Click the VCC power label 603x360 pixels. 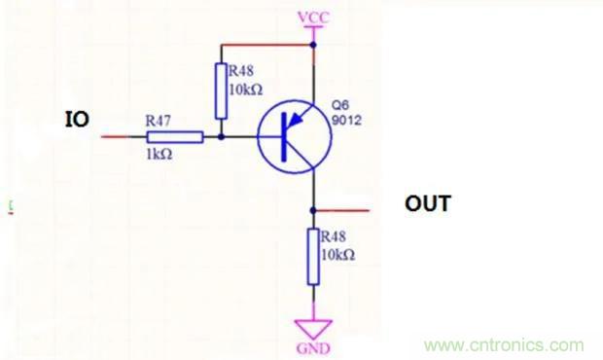(314, 18)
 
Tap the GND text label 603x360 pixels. (313, 348)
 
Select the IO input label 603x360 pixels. (77, 120)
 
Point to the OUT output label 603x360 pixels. (428, 203)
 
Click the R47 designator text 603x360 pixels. (159, 122)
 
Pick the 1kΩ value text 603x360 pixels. (160, 155)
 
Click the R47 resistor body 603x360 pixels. (175, 137)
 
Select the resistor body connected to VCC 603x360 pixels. (221, 90)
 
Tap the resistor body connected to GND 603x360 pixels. (313, 257)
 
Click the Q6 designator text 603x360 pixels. (340, 105)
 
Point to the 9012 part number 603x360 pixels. (346, 121)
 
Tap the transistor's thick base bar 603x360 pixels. (284, 137)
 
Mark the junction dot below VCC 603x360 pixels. (313, 45)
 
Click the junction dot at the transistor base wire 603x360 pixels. (221, 136)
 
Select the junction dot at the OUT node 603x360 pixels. (313, 210)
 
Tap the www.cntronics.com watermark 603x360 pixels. (504, 345)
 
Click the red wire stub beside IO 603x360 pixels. (115, 136)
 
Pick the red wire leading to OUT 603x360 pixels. (342, 210)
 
